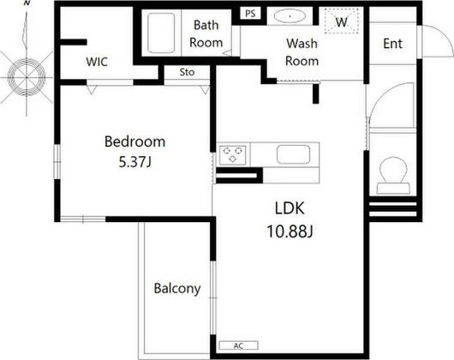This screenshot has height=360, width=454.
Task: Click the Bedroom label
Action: click(134, 141)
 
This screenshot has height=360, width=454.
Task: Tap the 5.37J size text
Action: click(135, 162)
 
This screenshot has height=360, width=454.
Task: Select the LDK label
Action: click(290, 208)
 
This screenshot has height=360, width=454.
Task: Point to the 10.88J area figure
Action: click(290, 231)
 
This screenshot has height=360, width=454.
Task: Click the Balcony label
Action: click(177, 289)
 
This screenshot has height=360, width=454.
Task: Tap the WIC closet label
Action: click(97, 62)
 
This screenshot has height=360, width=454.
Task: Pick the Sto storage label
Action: click(187, 72)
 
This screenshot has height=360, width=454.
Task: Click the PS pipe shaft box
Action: click(250, 14)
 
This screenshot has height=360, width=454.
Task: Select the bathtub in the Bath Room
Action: click(161, 33)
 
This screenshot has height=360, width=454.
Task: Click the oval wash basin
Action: click(290, 16)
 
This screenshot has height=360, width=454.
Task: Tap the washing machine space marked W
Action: click(342, 21)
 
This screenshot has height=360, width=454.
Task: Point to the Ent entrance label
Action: click(392, 44)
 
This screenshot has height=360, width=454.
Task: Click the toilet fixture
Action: click(393, 176)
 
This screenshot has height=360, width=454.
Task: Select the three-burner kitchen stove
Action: click(232, 155)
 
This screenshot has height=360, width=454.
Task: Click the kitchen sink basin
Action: click(293, 154)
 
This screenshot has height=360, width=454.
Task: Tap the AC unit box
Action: click(238, 345)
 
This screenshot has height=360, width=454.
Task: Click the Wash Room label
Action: click(302, 52)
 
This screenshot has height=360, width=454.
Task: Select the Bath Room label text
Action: click(206, 34)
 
